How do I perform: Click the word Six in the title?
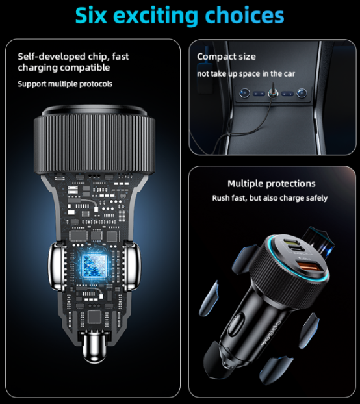pos(91,16)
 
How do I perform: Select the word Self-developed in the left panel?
pos(51,57)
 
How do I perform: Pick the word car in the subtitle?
pos(289,73)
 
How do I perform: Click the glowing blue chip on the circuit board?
pos(94,266)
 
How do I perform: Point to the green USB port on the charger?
pos(290,242)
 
